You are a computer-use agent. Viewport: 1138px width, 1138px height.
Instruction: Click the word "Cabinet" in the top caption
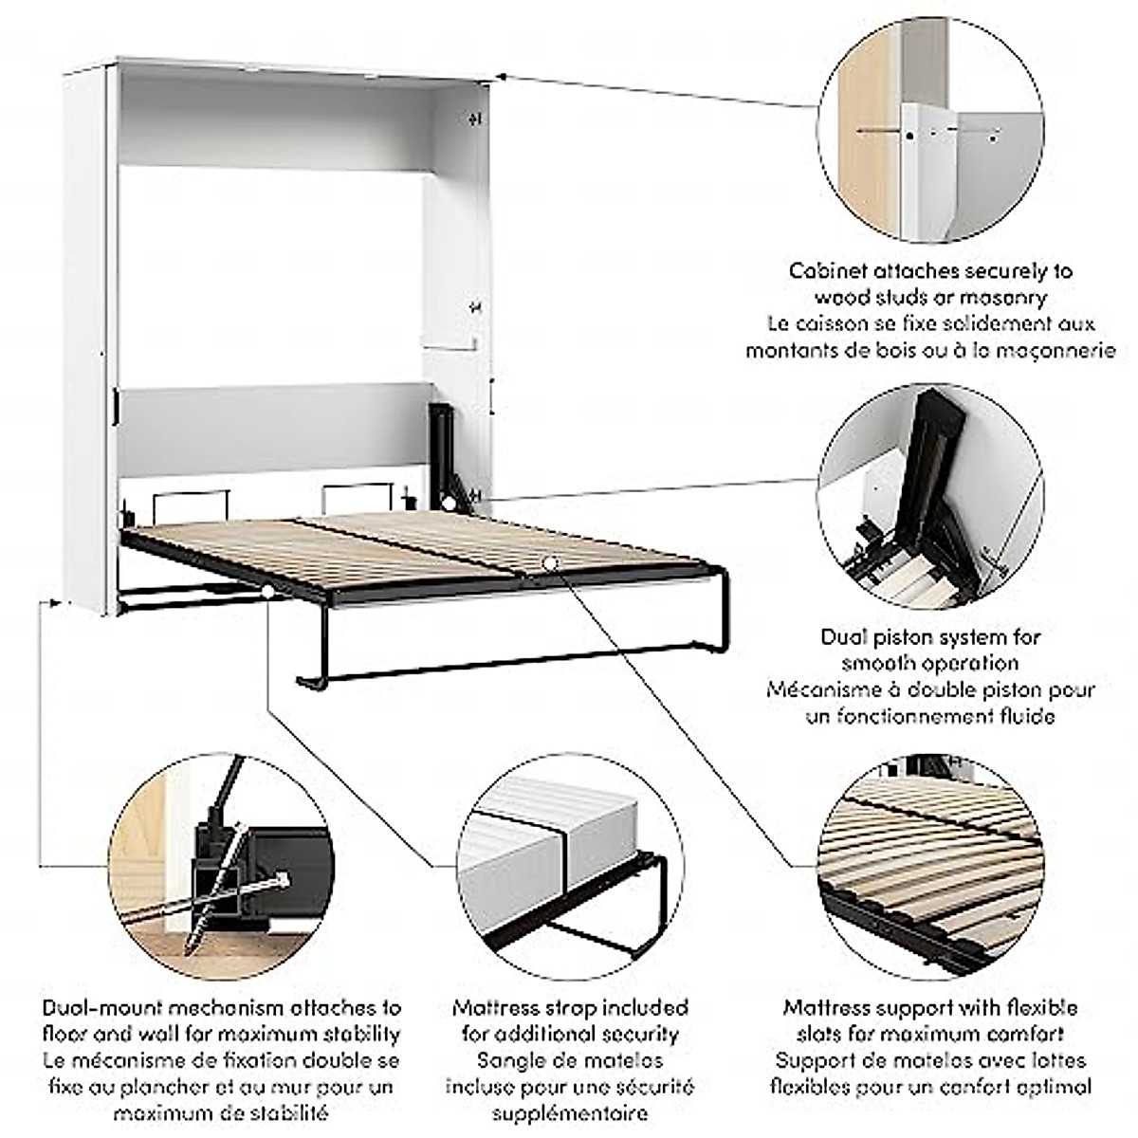point(824,271)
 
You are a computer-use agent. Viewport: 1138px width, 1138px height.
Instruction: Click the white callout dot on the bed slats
point(549,564)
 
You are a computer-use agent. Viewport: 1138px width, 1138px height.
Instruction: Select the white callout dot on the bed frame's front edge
point(268,593)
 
